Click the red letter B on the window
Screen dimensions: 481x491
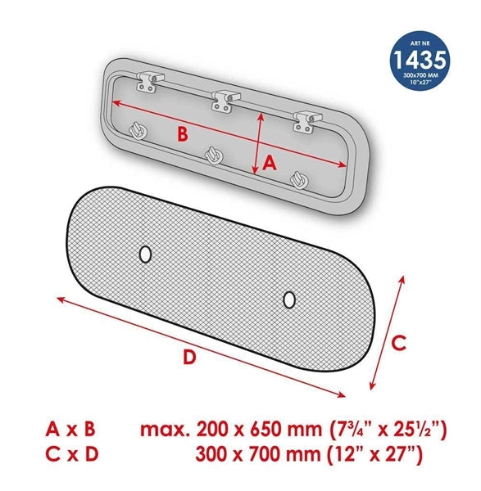point(183,134)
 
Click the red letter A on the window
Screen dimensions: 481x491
point(270,163)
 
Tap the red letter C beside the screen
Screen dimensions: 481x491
point(399,343)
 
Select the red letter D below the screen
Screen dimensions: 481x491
point(189,357)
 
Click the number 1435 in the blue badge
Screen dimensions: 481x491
point(420,60)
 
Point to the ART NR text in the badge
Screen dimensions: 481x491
point(420,43)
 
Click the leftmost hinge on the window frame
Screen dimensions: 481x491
point(150,81)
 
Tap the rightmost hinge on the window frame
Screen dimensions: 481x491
point(307,121)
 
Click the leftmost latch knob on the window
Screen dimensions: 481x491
point(138,131)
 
